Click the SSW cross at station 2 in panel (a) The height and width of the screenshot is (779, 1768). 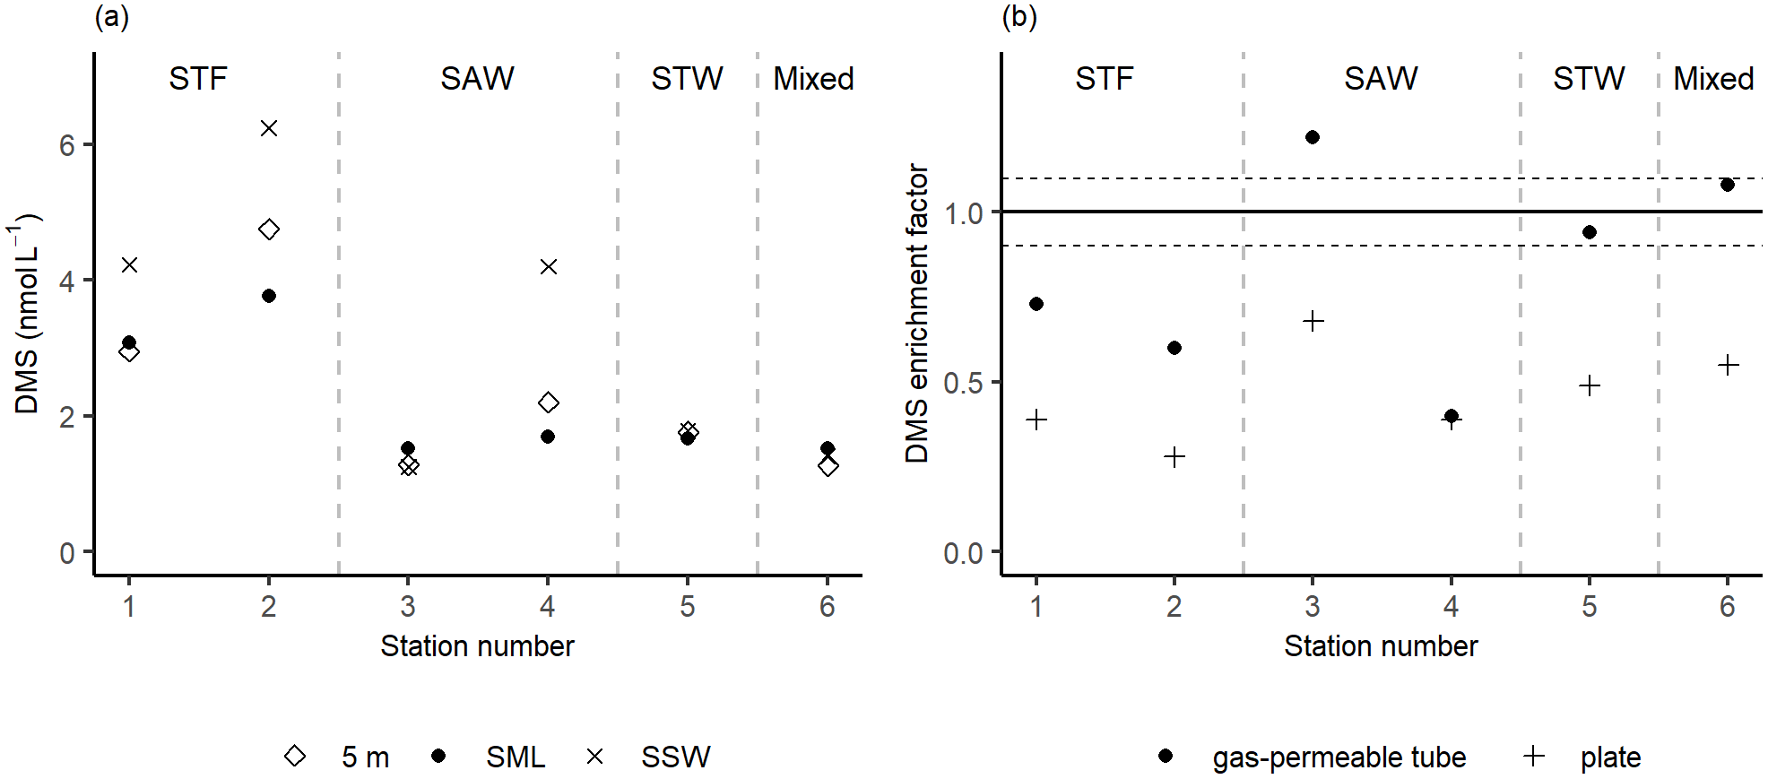coord(269,128)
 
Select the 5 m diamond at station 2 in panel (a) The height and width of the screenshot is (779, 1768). coord(269,229)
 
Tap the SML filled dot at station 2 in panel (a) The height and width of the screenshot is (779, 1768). coord(269,296)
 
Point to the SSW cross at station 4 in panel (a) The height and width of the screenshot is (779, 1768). coord(549,266)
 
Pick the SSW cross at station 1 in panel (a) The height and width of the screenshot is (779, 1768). coord(129,264)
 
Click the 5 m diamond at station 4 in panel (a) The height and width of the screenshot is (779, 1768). coord(549,402)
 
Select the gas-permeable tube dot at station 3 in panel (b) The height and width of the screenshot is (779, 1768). coord(1313,137)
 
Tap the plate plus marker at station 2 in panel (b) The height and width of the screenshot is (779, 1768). coord(1174,457)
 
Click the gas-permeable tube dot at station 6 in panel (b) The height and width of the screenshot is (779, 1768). coord(1728,185)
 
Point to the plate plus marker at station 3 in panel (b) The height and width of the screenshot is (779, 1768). coord(1313,321)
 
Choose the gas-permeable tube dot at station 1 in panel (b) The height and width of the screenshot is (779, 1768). coord(1036,304)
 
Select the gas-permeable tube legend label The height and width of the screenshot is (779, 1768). coord(1339,757)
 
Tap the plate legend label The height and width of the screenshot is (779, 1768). coord(1610,757)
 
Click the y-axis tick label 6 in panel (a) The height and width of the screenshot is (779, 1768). coord(67,145)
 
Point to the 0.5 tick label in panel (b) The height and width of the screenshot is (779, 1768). coord(963,384)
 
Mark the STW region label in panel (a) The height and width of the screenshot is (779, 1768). coord(687,79)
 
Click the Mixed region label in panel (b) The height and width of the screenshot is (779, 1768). coord(1713,79)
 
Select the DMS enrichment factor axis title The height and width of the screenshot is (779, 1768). coord(917,313)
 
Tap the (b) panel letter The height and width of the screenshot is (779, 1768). coord(1018,16)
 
